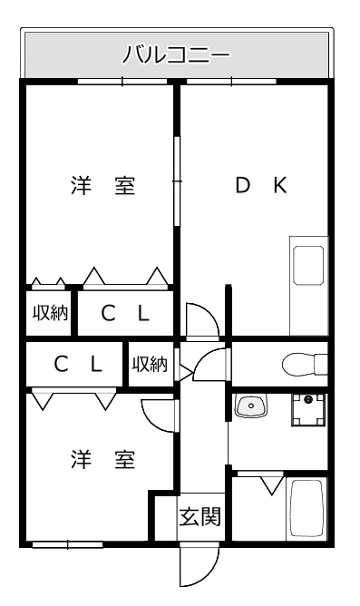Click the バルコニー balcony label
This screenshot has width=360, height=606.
(177, 54)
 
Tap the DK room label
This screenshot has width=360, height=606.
(261, 185)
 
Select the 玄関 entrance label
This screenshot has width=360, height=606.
(199, 516)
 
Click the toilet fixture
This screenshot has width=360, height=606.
(305, 364)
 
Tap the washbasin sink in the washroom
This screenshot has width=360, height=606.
(251, 406)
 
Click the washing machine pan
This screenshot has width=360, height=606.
(307, 410)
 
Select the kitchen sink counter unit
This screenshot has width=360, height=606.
(308, 286)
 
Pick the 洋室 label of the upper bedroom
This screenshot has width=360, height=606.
(103, 185)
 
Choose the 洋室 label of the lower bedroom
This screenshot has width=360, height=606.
(103, 460)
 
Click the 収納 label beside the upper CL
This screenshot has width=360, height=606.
(50, 313)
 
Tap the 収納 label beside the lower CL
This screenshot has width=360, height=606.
(150, 364)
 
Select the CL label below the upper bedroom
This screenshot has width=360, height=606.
(125, 314)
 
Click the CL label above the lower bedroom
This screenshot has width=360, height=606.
(78, 364)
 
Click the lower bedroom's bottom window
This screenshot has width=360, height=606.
(68, 544)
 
